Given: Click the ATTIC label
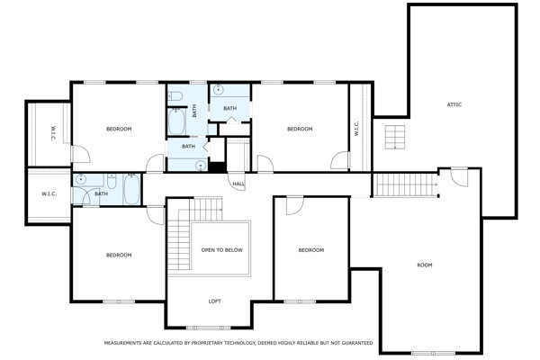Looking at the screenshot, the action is tap(454, 104).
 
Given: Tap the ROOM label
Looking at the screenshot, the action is tap(424, 265).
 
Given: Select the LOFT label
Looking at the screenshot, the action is tap(214, 301).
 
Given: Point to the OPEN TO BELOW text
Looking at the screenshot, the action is tap(221, 250).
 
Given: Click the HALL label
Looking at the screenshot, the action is tap(238, 184).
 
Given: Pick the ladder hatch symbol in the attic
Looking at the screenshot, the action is tap(395, 137).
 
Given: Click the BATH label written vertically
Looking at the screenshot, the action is tap(194, 111).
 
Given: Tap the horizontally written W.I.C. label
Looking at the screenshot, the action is tap(49, 194).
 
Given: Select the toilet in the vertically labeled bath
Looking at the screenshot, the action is tap(175, 96).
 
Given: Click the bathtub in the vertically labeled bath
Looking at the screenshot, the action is tap(176, 121).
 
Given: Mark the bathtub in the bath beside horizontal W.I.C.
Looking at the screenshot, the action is tap(131, 189).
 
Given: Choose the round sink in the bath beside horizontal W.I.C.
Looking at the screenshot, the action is tap(81, 179).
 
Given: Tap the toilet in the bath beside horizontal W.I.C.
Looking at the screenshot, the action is tap(112, 181).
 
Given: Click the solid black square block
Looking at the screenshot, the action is tap(217, 166).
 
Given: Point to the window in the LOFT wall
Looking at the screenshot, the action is tap(208, 328).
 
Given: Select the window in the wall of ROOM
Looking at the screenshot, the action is tap(433, 353).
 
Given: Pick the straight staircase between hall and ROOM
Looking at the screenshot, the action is tap(405, 184).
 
